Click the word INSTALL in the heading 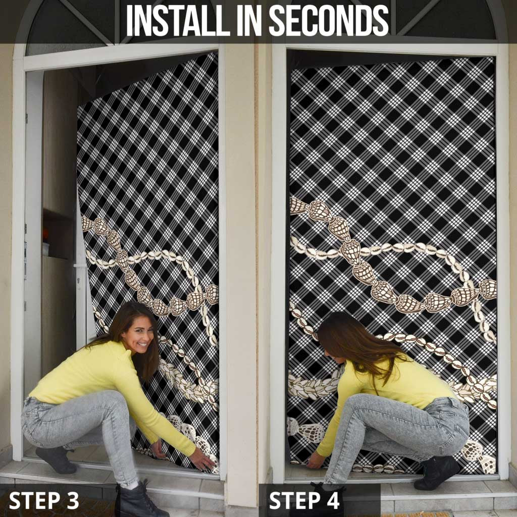(x=178, y=20)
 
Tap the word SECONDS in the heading (x=329, y=20)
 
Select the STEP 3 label (x=44, y=500)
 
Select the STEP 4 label (x=304, y=500)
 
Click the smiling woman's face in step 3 (x=139, y=336)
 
